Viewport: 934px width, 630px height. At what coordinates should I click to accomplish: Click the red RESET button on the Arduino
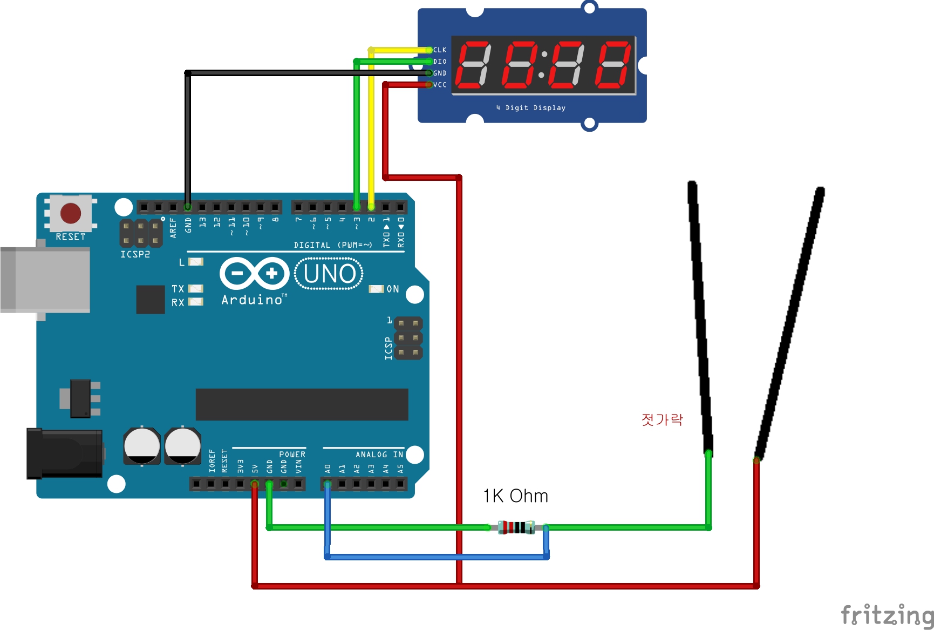coord(71,213)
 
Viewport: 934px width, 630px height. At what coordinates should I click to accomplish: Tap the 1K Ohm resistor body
coord(516,527)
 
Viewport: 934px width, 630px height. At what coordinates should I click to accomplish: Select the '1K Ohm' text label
coord(515,496)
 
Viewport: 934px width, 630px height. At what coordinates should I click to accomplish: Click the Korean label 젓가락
coord(662,419)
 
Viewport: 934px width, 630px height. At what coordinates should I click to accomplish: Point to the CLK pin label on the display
coord(440,50)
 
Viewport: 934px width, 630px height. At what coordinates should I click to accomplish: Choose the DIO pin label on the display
coord(440,62)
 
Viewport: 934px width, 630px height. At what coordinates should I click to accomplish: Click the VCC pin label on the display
coord(440,85)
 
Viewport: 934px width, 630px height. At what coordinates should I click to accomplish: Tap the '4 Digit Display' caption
coord(531,108)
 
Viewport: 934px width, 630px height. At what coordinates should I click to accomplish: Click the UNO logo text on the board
coord(329,274)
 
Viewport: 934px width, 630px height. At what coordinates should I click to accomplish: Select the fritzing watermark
coord(887,615)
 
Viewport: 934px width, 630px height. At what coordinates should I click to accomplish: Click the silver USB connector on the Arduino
coord(45,280)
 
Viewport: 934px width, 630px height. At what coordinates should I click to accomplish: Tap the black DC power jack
coord(65,453)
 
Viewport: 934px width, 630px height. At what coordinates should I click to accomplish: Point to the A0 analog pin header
coord(327,484)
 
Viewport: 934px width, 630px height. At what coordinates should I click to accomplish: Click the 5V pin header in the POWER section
coord(255,484)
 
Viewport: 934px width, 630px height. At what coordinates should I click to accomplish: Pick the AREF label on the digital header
coord(173,227)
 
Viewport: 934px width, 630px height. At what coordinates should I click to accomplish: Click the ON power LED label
coord(393,289)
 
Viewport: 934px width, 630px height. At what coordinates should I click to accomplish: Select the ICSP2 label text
coord(135,254)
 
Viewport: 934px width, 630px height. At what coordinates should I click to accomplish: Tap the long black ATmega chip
coord(302,404)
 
